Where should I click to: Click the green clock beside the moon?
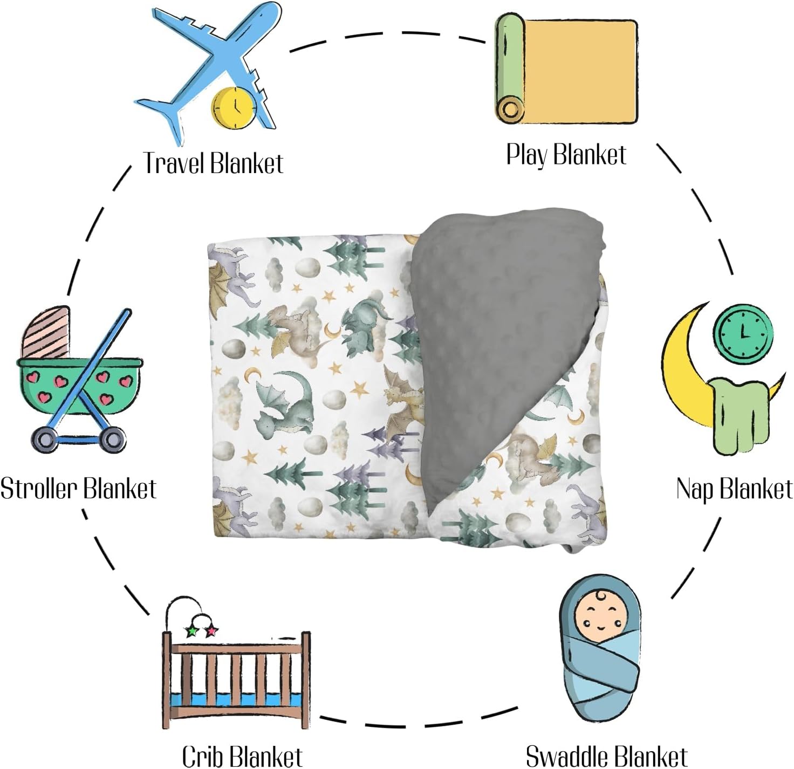point(743,329)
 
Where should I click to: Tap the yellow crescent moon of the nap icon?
point(685,372)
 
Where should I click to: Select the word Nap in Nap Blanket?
point(695,489)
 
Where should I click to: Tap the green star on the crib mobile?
point(191,631)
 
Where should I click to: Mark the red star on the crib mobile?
point(211,630)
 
